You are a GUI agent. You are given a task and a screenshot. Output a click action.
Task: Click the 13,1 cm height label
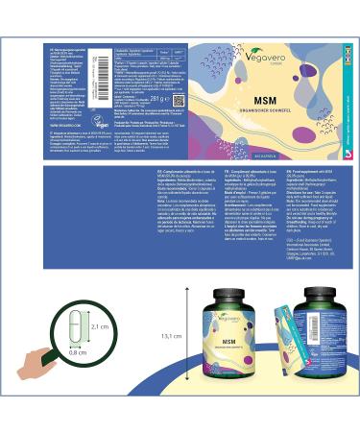tap(172, 336)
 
